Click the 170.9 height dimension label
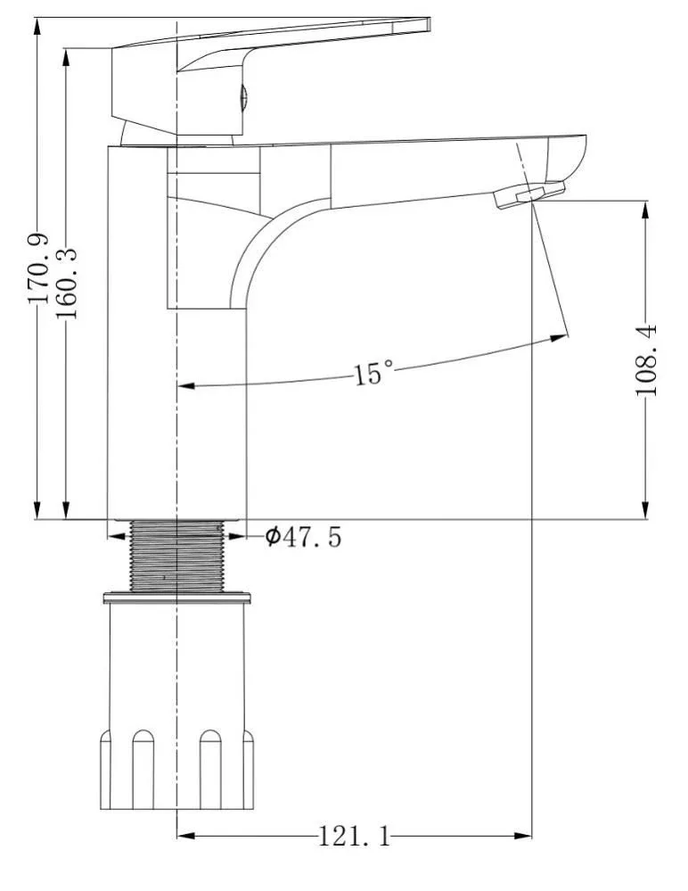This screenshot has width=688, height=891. (38, 268)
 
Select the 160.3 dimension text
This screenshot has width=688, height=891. (67, 283)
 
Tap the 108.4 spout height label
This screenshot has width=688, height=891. (646, 360)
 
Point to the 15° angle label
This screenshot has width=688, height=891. (373, 373)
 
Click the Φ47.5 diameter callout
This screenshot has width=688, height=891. (304, 536)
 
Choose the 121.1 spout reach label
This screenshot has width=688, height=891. (355, 836)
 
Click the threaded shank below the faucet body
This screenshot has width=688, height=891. (177, 556)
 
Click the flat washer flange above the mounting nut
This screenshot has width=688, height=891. (177, 598)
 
